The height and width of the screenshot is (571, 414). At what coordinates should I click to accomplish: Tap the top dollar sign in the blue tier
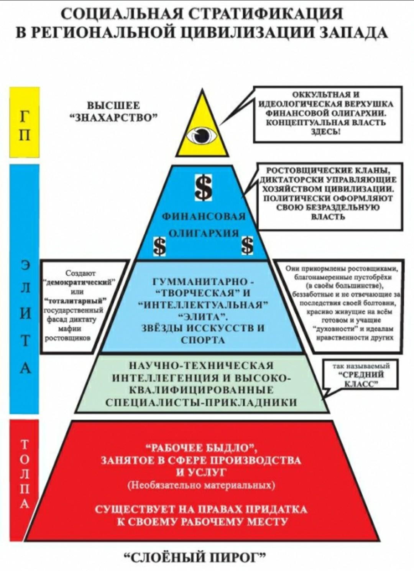click(204, 188)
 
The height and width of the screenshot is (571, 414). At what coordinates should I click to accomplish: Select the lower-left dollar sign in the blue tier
click(160, 245)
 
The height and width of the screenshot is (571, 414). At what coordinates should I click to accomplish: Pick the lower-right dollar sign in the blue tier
click(247, 245)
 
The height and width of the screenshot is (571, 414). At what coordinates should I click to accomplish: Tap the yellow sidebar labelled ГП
click(25, 122)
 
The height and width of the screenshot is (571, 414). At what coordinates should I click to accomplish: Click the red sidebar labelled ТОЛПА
click(25, 479)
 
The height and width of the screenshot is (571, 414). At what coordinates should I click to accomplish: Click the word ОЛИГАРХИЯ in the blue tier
click(204, 233)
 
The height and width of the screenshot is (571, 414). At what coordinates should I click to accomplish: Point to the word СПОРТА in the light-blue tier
click(203, 340)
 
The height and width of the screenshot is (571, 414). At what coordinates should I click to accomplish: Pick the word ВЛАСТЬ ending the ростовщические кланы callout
click(329, 217)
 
